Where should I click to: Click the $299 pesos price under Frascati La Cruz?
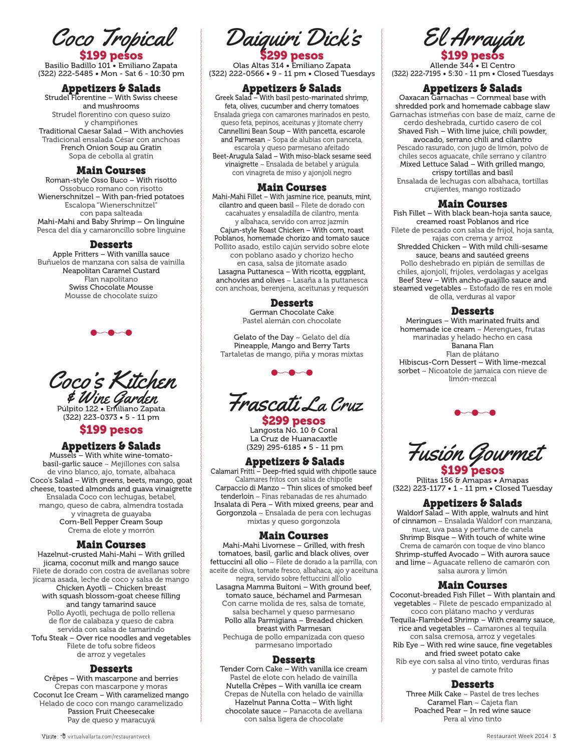[294, 421]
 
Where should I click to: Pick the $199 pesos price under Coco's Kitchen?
[111, 429]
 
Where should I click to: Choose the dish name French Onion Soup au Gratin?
[111, 148]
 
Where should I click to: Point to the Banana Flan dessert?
[472, 346]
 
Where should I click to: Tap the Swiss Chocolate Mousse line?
[111, 287]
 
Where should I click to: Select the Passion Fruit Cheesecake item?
[111, 711]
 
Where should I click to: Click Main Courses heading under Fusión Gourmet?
[472, 585]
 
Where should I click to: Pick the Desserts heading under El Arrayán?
[472, 311]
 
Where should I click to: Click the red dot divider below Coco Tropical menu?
[111, 333]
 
